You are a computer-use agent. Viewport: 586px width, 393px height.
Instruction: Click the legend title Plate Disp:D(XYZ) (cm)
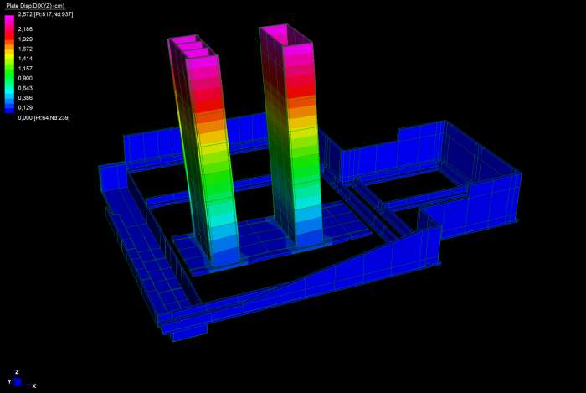pos(35,6)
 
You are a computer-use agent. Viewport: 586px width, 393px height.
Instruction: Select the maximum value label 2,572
pos(25,14)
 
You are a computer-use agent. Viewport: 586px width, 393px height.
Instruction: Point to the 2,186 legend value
pos(25,28)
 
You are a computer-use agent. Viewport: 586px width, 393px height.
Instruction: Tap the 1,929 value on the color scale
pos(25,39)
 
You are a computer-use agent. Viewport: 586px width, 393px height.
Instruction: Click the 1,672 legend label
pos(25,49)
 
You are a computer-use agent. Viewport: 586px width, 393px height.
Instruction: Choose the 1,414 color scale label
pos(25,59)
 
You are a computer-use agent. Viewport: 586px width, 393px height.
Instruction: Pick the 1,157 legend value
pos(25,69)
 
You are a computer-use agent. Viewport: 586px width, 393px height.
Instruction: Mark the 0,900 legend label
pos(25,78)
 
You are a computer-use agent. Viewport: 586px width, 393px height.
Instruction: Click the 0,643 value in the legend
pos(25,88)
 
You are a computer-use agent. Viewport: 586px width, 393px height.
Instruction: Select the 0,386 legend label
pos(25,97)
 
